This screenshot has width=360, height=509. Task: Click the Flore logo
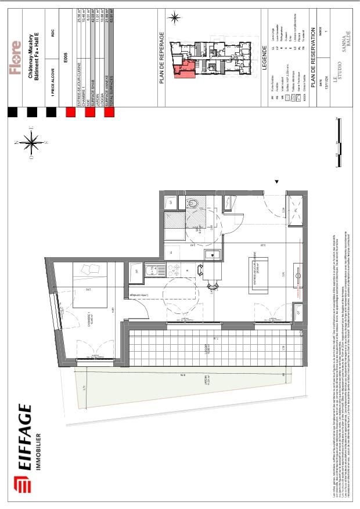point(17,57)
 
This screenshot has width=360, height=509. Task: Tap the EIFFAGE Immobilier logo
point(26,447)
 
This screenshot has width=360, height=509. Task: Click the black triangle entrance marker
point(276,182)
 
